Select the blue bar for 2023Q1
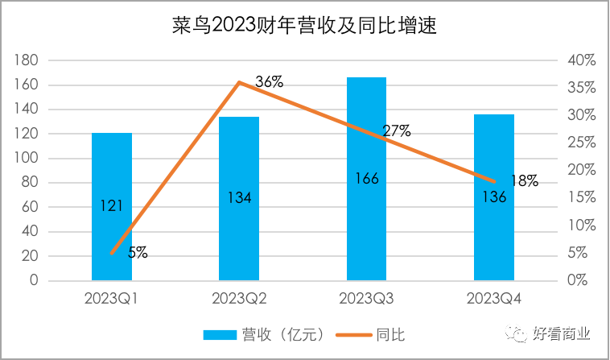click(x=112, y=161)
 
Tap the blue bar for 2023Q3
click(x=366, y=145)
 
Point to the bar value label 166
click(x=367, y=177)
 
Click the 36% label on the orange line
click(x=269, y=81)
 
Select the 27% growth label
click(x=397, y=130)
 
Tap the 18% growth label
click(x=524, y=181)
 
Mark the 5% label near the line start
click(x=137, y=252)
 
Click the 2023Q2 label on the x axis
click(x=239, y=300)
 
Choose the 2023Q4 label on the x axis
click(x=494, y=300)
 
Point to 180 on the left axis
click(x=27, y=60)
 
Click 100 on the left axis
click(x=27, y=159)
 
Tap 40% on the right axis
click(x=579, y=60)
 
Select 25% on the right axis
click(x=579, y=143)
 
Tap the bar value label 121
click(x=112, y=206)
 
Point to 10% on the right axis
click(x=579, y=226)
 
